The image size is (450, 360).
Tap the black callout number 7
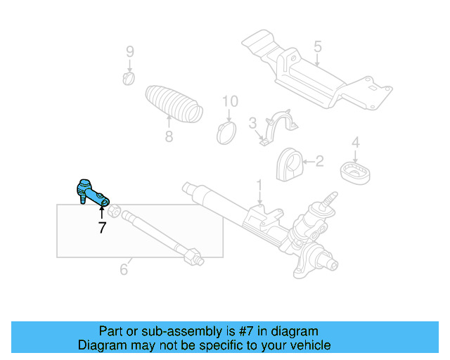102,228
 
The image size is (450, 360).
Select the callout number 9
129,51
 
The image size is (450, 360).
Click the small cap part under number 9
129,77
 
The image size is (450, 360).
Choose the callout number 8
169,136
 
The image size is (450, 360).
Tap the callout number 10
231,102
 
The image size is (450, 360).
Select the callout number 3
252,124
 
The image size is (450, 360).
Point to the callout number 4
356,143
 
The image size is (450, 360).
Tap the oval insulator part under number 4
356,172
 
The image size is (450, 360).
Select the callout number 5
317,47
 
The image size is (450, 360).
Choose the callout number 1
259,186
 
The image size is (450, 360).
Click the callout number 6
124,269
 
